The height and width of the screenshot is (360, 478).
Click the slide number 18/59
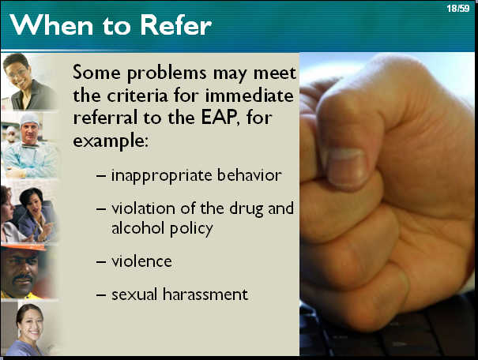tap(458, 8)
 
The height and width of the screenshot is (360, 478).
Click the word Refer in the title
tap(175, 25)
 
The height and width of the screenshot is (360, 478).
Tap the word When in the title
tap(51, 24)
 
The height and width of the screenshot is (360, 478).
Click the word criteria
tap(137, 96)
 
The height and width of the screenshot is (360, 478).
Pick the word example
tap(111, 141)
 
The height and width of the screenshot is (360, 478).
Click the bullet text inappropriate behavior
tap(196, 175)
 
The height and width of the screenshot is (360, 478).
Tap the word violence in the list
tap(141, 261)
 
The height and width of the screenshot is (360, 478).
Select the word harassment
tap(205, 294)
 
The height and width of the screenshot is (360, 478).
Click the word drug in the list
tap(246, 209)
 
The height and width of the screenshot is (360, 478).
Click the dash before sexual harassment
tap(100, 294)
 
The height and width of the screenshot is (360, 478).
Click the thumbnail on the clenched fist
tap(346, 167)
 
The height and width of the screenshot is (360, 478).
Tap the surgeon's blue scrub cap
tap(29, 118)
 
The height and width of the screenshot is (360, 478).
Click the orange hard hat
tap(24, 247)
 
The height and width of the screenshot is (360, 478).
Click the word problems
tap(167, 73)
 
